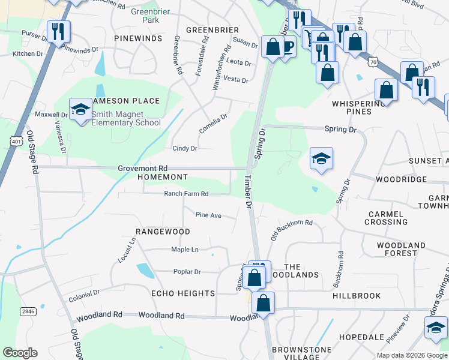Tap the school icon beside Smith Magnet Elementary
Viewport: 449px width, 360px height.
(79, 109)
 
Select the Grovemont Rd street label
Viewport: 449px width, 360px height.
(142, 169)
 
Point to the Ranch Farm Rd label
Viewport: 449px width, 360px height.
(186, 194)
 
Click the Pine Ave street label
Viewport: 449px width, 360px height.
(209, 215)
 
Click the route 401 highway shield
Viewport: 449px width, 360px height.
(16, 140)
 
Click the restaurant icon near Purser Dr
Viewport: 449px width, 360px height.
(58, 32)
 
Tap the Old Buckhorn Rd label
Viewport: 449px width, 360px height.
(292, 229)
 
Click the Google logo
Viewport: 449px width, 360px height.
(20, 353)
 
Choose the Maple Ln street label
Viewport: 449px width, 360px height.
(185, 250)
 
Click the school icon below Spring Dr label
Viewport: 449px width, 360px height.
(321, 159)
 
